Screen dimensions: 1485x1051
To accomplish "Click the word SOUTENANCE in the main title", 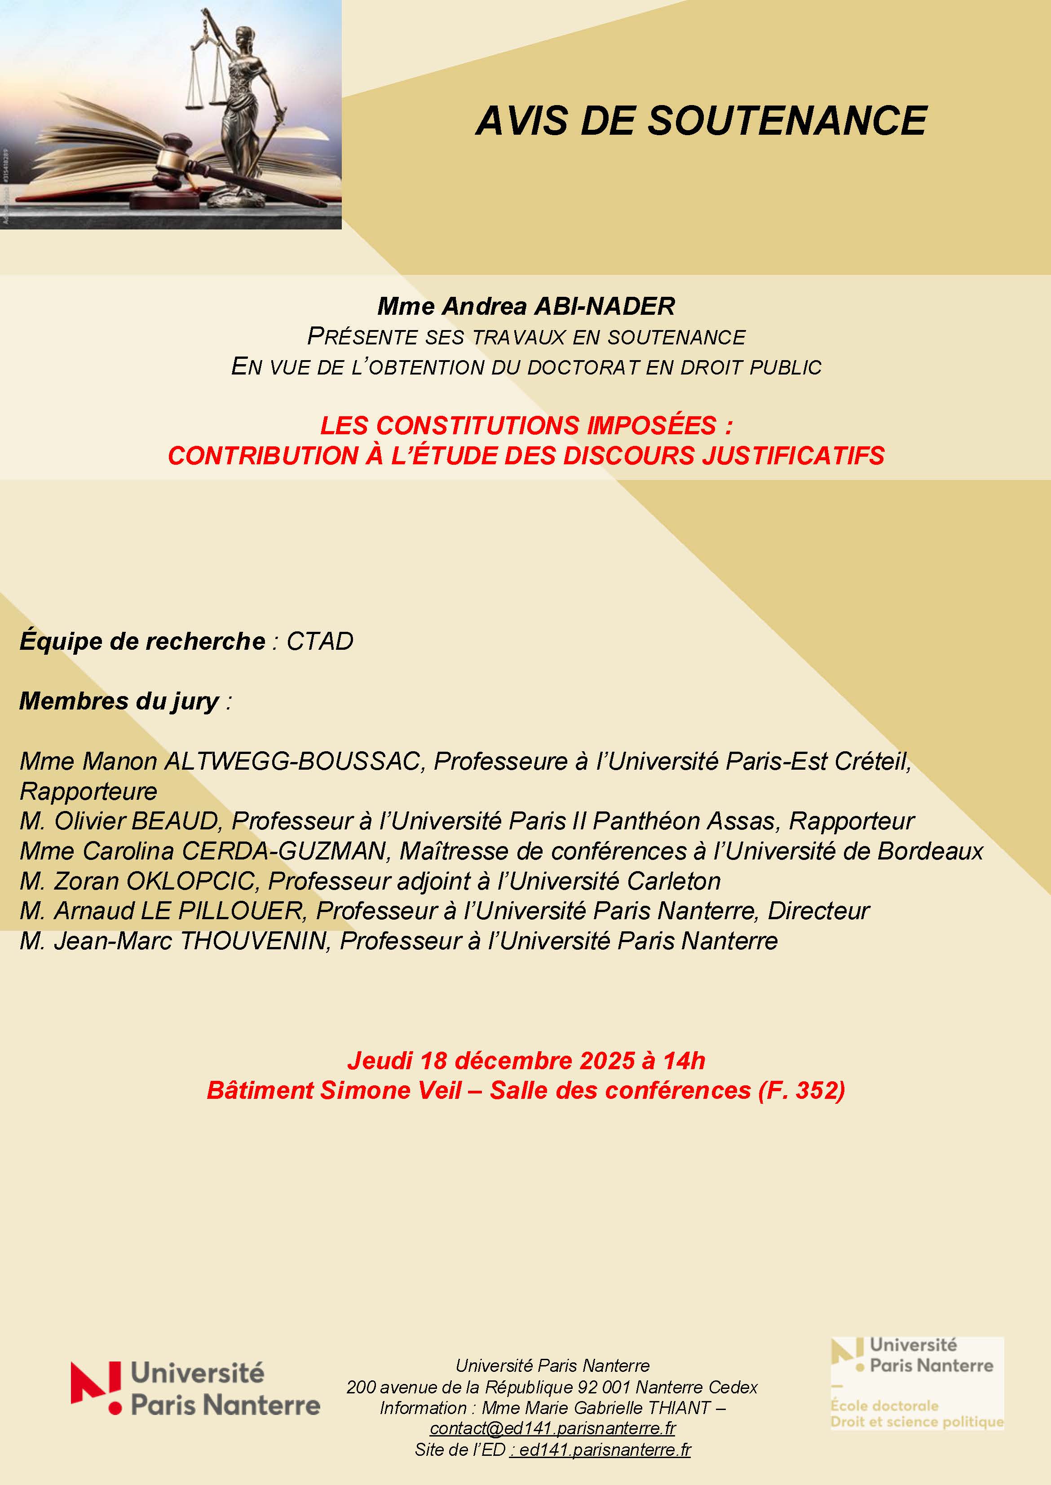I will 788,121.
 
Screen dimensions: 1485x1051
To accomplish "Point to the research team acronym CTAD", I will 320,641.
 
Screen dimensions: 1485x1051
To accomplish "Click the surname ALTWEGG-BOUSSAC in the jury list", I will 292,762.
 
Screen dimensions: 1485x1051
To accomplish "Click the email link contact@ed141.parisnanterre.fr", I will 553,1428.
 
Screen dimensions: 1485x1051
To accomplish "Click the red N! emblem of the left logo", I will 96,1387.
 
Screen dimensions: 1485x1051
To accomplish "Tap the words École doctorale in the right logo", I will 884,1406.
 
